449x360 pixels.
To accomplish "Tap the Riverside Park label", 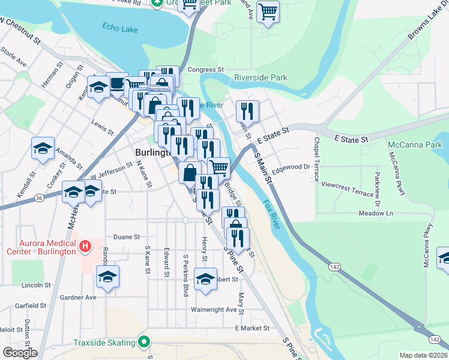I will (261, 77).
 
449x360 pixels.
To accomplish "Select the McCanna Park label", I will (415, 145).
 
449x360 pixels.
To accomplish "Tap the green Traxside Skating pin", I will (143, 343).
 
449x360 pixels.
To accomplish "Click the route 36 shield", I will (39, 197).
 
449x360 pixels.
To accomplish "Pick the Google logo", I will (19, 353).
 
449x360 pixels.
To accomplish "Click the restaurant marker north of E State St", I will (247, 111).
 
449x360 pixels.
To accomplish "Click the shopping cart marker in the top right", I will (268, 11).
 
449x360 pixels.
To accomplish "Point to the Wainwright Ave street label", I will (214, 310).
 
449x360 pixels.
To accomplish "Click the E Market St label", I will (253, 328).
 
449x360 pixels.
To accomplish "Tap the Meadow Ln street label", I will (376, 213).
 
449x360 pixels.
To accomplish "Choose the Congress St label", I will (205, 70).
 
